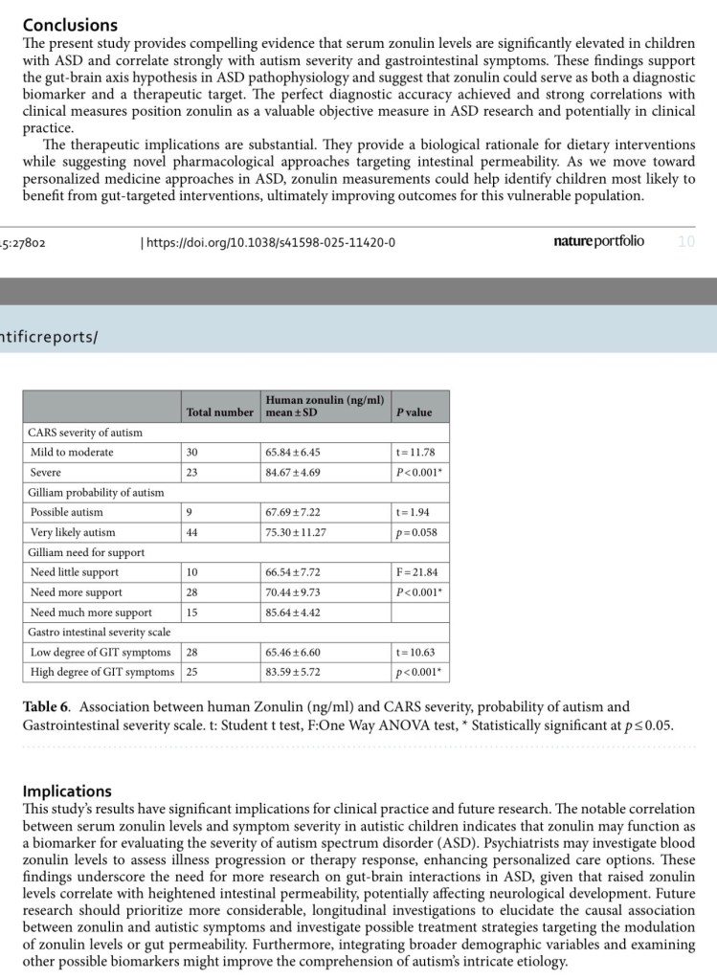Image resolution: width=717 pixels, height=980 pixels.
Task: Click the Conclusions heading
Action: point(70,25)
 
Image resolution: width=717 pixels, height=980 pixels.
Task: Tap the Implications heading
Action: point(67,791)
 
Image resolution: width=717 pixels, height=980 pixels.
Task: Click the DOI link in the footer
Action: point(268,242)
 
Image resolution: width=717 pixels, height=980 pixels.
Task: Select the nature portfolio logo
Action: point(598,241)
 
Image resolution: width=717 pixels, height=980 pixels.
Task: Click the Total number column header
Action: point(220,412)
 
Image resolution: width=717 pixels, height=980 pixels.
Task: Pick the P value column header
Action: point(414,412)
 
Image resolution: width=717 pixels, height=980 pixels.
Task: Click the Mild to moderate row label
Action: point(72,453)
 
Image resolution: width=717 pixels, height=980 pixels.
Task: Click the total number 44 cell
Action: point(191,533)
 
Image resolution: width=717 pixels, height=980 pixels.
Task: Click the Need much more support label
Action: point(91,612)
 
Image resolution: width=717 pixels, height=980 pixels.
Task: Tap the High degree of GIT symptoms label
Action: point(101,673)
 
